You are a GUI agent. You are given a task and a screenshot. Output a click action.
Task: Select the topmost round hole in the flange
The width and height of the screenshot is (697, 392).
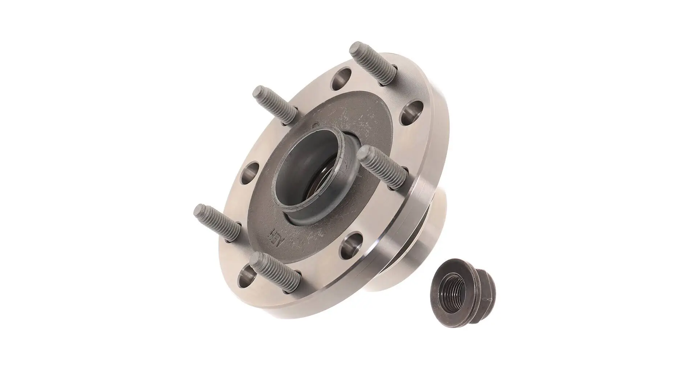[342, 79]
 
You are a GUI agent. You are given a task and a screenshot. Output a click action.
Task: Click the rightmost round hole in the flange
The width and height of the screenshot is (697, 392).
[412, 113]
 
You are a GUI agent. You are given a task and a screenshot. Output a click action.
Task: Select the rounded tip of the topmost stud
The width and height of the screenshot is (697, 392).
[355, 48]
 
